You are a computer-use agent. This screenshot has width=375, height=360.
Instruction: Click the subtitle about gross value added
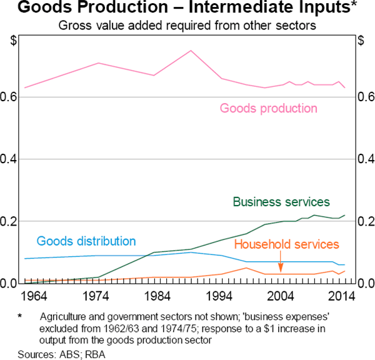pyautogui.click(x=187, y=26)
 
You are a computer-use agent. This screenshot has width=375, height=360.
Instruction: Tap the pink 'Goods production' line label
pyautogui.click(x=268, y=108)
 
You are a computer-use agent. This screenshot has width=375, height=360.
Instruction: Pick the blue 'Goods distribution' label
pyautogui.click(x=86, y=241)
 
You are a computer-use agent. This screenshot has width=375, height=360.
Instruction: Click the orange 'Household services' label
pyautogui.click(x=287, y=244)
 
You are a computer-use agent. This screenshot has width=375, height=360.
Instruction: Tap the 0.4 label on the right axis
pyautogui.click(x=366, y=159)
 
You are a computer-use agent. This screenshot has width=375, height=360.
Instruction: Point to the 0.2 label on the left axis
pyautogui.click(x=9, y=221)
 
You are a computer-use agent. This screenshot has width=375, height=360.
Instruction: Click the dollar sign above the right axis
pyautogui.click(x=361, y=42)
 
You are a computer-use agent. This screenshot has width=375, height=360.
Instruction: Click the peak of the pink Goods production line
pyautogui.click(x=191, y=51)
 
